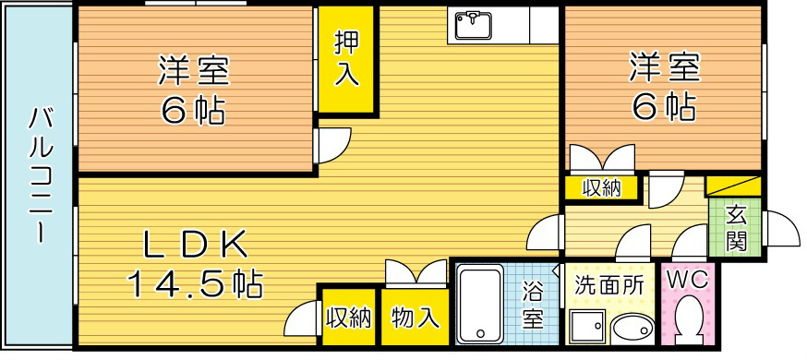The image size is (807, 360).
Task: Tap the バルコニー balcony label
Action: tap(39, 175)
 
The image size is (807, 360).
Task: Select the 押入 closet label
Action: tap(346, 59)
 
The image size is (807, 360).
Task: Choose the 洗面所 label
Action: tap(608, 285)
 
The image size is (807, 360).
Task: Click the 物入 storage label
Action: tap(415, 318)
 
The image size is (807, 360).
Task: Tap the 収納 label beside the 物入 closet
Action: tap(347, 318)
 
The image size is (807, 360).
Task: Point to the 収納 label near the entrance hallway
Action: tap(601, 188)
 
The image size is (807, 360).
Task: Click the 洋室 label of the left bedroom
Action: tap(194, 70)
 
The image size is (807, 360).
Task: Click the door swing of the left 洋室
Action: tap(332, 144)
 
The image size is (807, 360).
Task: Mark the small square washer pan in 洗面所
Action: tap(585, 329)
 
